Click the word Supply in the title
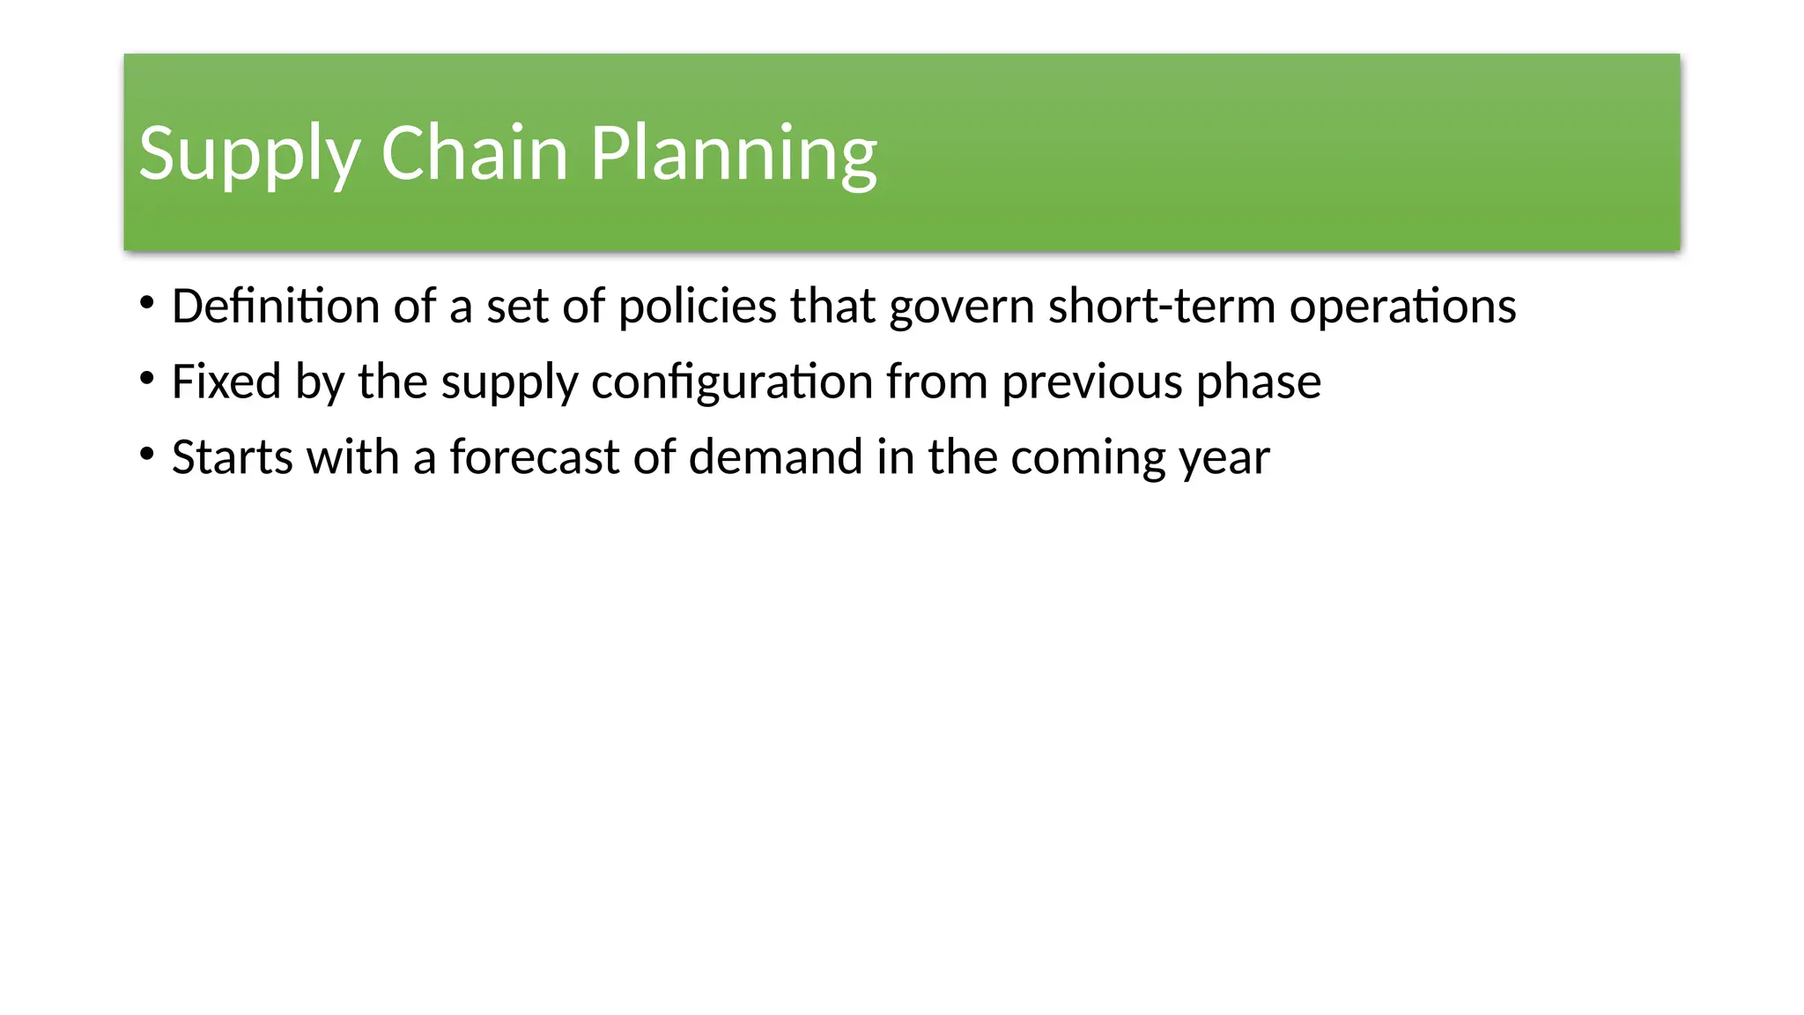(x=249, y=154)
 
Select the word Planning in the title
(x=733, y=154)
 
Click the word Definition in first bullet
(x=276, y=307)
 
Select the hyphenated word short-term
(x=1162, y=307)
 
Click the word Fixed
(x=225, y=382)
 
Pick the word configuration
(x=732, y=383)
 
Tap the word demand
(x=775, y=457)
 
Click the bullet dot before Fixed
(x=147, y=380)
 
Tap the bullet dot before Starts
(x=147, y=456)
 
